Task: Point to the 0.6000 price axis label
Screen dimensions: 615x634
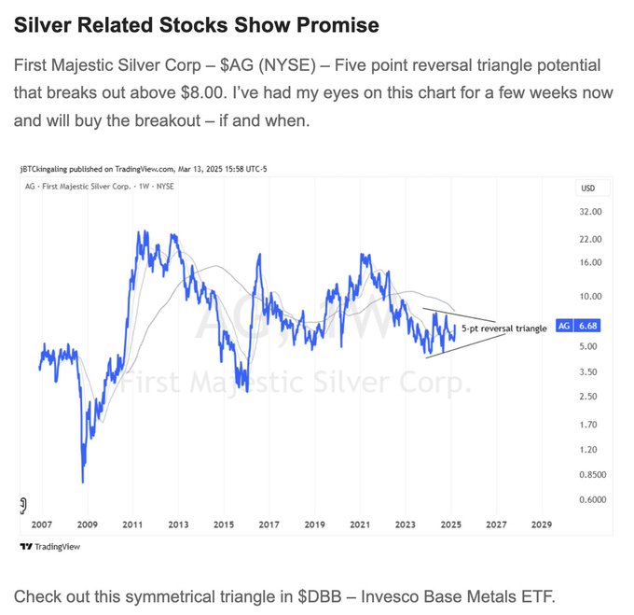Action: coord(590,499)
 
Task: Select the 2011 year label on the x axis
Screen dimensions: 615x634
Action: coord(131,524)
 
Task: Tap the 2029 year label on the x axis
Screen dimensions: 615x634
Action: coord(541,524)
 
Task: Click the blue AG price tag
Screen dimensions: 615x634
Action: coord(579,326)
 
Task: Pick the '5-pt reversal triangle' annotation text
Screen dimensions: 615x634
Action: coord(504,328)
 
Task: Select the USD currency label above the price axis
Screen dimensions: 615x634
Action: coord(587,189)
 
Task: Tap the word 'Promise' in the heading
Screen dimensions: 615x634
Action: coord(339,25)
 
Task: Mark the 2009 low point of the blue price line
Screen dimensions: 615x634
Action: coord(83,482)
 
